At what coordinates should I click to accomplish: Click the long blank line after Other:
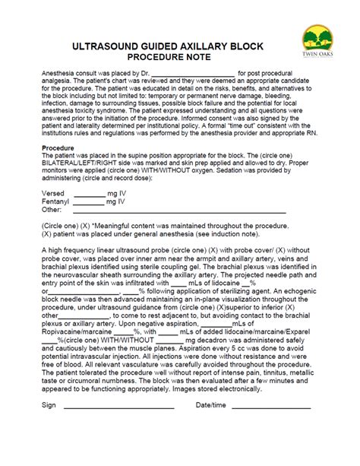click(175, 212)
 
